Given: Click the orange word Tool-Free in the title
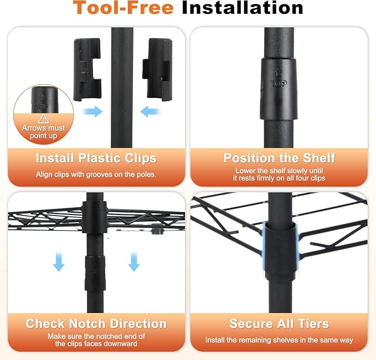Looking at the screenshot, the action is pyautogui.click(x=123, y=8).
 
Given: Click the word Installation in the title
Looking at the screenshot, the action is pyautogui.click(x=243, y=8).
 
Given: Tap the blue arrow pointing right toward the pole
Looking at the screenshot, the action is pyautogui.click(x=93, y=111).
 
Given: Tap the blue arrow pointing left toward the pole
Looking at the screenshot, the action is pyautogui.click(x=150, y=111).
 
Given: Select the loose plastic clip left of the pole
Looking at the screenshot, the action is pyautogui.click(x=87, y=69).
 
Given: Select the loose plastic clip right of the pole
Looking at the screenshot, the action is pyautogui.click(x=158, y=69).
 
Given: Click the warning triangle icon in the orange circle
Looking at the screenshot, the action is pyautogui.click(x=43, y=119).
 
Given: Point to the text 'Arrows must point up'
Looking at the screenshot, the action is pyautogui.click(x=43, y=132).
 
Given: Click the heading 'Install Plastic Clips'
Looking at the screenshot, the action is pyautogui.click(x=96, y=158).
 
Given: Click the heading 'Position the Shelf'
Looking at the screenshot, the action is pyautogui.click(x=279, y=158).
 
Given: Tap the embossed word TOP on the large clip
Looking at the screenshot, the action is pyautogui.click(x=279, y=84).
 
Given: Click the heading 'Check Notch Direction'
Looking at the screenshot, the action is pyautogui.click(x=96, y=323).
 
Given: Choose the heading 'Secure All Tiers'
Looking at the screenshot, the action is pyautogui.click(x=279, y=323).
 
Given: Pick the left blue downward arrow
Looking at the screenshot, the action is pyautogui.click(x=59, y=261).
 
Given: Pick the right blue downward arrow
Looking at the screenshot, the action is pyautogui.click(x=134, y=261).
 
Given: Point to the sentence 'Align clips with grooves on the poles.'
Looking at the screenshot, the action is pyautogui.click(x=96, y=174).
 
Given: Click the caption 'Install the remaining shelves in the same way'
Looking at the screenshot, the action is pyautogui.click(x=279, y=340).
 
